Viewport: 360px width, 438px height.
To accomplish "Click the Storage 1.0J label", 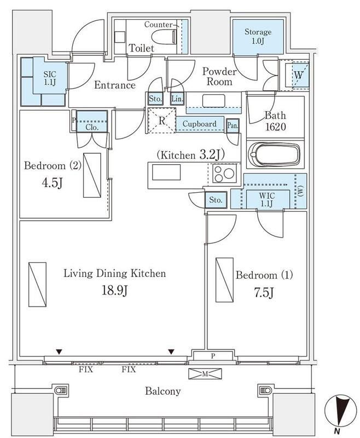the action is pyautogui.click(x=258, y=36).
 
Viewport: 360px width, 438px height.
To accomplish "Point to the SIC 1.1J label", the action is pyautogui.click(x=50, y=78).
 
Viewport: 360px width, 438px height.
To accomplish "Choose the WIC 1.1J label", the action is pyautogui.click(x=267, y=199).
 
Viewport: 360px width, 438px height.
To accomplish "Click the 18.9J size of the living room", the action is pyautogui.click(x=115, y=291).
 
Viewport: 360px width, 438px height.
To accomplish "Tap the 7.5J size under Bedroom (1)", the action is pyautogui.click(x=264, y=292).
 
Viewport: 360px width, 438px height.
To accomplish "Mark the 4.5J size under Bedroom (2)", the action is pyautogui.click(x=52, y=183).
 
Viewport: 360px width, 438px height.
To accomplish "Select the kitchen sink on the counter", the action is pyautogui.click(x=166, y=172).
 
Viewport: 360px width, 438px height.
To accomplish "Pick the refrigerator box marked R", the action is pyautogui.click(x=162, y=120).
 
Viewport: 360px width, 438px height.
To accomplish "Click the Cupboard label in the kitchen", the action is pyautogui.click(x=199, y=124).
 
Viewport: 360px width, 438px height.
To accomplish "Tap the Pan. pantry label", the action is pyautogui.click(x=233, y=126).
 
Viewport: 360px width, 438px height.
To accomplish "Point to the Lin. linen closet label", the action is pyautogui.click(x=177, y=99).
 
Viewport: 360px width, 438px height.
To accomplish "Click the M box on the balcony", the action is pyautogui.click(x=205, y=374).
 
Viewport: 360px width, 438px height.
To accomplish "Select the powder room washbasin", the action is pyautogui.click(x=213, y=101).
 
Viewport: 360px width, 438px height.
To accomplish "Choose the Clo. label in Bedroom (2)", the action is pyautogui.click(x=92, y=128).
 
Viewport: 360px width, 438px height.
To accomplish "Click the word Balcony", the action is pyautogui.click(x=162, y=391).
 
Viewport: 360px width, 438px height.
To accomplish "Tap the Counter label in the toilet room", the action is pyautogui.click(x=158, y=25).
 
